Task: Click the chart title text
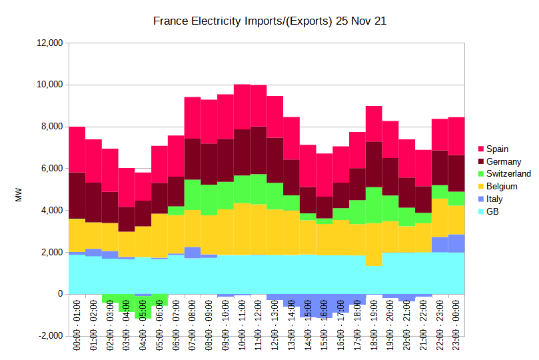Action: pyautogui.click(x=270, y=21)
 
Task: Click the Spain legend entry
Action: pyautogui.click(x=496, y=149)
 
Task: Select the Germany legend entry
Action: pyautogui.click(x=503, y=161)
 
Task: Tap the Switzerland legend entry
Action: pyautogui.click(x=508, y=174)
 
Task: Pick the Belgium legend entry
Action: pyautogui.click(x=501, y=187)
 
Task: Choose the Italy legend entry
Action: pyautogui.click(x=494, y=199)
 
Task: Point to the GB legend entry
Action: pyautogui.click(x=492, y=212)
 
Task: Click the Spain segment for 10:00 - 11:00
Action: pyautogui.click(x=242, y=107)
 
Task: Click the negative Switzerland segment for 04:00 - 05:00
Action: pyautogui.click(x=143, y=307)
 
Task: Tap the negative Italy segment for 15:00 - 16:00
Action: pyautogui.click(x=324, y=306)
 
